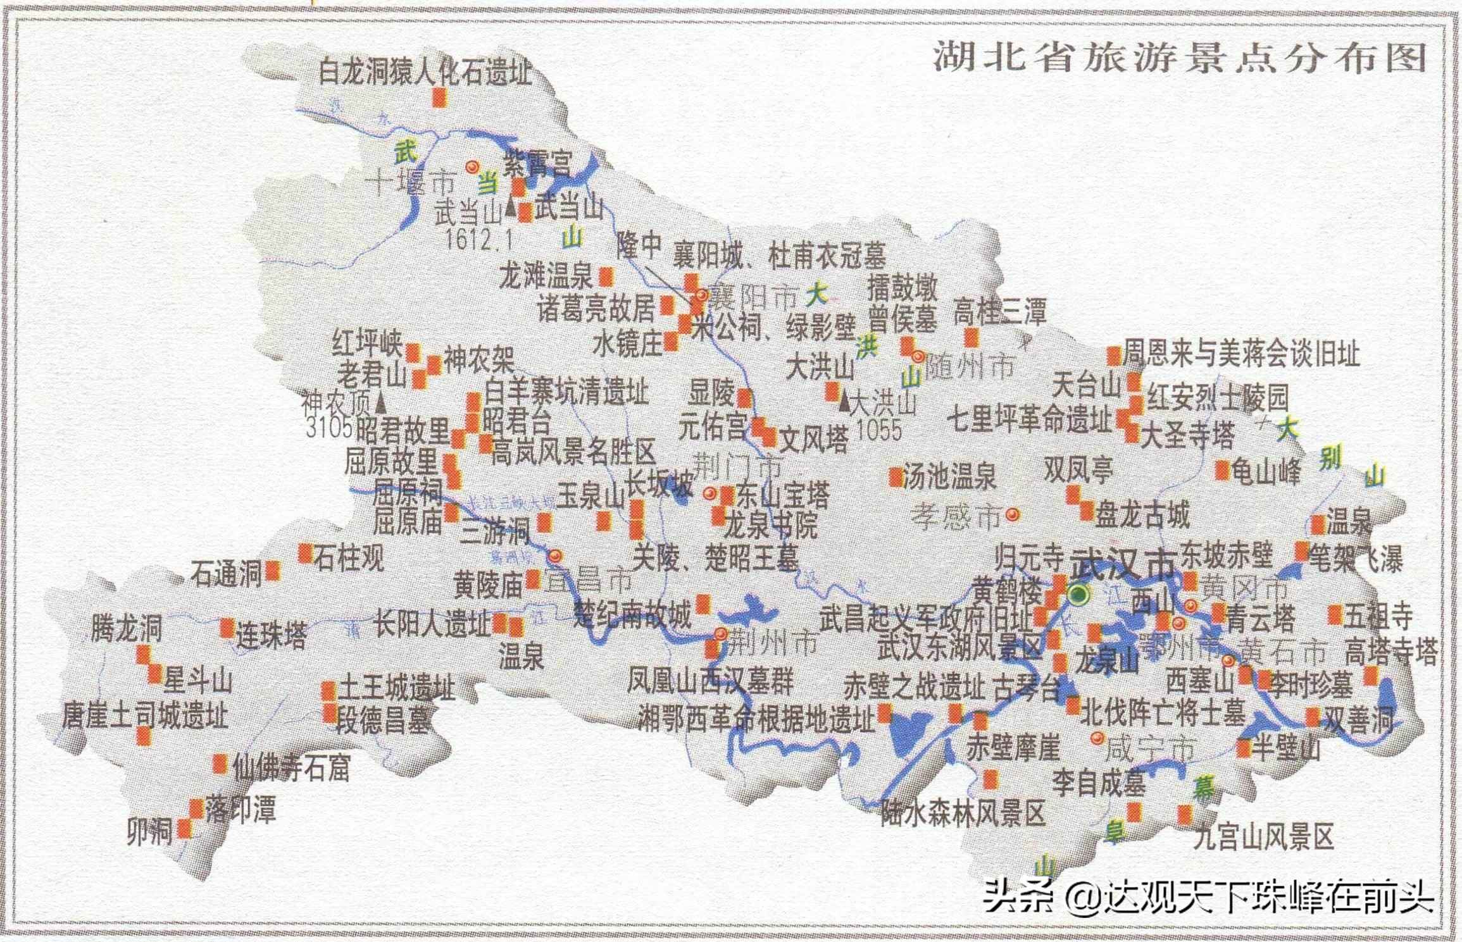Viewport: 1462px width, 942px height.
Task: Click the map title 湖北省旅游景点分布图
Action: [x=1178, y=59]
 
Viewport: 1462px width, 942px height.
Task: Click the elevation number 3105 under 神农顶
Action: [x=328, y=428]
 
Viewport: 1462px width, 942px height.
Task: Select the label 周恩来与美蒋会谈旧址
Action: [x=1240, y=355]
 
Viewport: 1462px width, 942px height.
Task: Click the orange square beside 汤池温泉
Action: [x=896, y=476]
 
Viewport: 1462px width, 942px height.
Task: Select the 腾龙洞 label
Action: [x=126, y=629]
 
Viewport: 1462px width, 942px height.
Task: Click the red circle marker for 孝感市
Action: [x=1013, y=515]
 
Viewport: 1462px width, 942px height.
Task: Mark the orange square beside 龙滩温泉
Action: [x=606, y=276]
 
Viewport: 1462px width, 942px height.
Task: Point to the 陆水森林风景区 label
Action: [x=963, y=814]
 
